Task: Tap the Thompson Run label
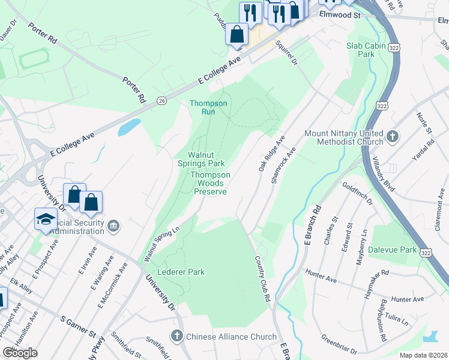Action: pos(208,107)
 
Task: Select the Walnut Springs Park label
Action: pos(200,159)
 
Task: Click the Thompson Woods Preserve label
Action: pos(210,183)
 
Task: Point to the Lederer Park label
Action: pos(181,272)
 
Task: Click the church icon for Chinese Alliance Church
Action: pos(177,337)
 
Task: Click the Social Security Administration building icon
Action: pos(115,226)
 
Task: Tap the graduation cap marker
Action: pos(46,218)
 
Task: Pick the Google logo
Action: pos(20,352)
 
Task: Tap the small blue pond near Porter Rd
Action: pos(129,127)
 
